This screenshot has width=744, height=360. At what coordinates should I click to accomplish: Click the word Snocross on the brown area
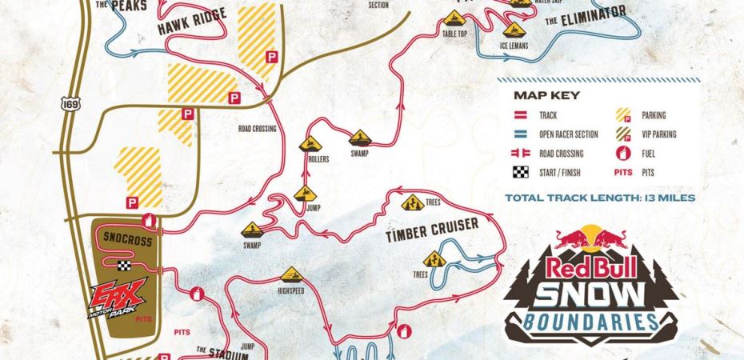123,238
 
